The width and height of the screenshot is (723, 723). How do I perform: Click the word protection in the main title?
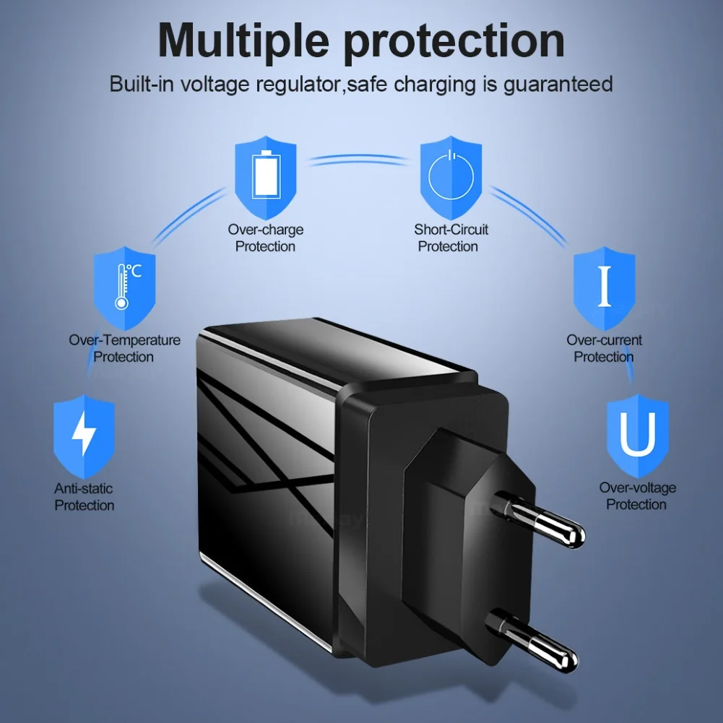tap(454, 42)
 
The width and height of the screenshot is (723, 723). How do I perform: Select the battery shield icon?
tap(265, 175)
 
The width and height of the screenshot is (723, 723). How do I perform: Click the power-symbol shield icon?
tap(451, 175)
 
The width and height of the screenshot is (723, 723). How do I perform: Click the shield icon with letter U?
tap(636, 436)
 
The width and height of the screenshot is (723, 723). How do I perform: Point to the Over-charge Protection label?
tap(265, 238)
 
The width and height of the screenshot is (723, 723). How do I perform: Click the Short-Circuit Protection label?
tap(451, 238)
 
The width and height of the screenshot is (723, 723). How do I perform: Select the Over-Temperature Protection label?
tap(124, 348)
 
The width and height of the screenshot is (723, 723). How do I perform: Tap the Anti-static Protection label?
tap(84, 497)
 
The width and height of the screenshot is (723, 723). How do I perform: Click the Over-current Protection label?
tap(604, 348)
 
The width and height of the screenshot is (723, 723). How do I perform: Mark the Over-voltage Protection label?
tap(636, 496)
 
